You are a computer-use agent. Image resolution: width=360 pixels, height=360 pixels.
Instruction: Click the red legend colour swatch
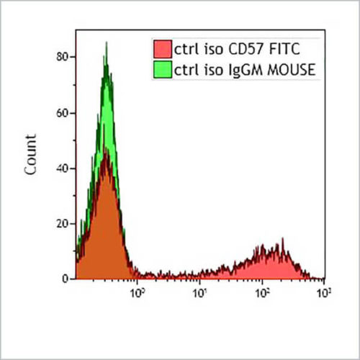(162, 50)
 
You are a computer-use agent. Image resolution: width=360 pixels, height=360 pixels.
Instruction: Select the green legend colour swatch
(162, 69)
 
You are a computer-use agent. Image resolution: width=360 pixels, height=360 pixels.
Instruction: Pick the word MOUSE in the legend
(280, 69)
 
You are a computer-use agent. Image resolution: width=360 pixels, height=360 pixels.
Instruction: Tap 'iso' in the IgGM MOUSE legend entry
(208, 69)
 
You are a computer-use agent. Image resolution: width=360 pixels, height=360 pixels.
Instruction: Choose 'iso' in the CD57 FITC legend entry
(208, 50)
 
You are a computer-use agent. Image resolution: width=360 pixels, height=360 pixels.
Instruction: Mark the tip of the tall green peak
(107, 42)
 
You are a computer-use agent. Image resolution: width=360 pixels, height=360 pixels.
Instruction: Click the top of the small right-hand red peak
(278, 243)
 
